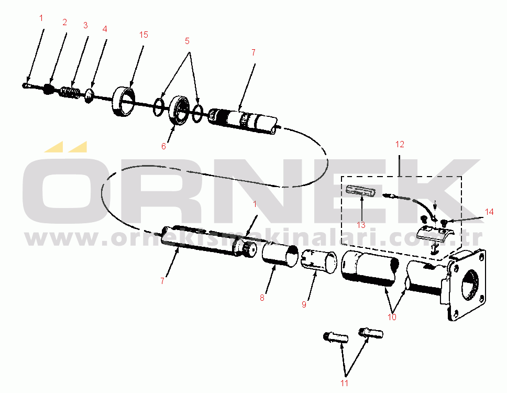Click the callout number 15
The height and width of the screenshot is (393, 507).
point(144,35)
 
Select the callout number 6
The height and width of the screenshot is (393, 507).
point(163,147)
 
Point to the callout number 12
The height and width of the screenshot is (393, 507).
point(400,144)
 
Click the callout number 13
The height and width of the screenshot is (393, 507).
point(361,225)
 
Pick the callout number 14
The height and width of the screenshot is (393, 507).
point(489,212)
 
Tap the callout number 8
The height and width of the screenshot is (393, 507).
point(262,298)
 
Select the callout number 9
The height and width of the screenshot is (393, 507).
point(304,304)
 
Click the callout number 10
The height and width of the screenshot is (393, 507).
point(392,317)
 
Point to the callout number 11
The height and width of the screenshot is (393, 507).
point(344,383)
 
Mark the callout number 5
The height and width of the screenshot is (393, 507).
point(187,40)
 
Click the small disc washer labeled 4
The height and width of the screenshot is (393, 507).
point(90,96)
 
